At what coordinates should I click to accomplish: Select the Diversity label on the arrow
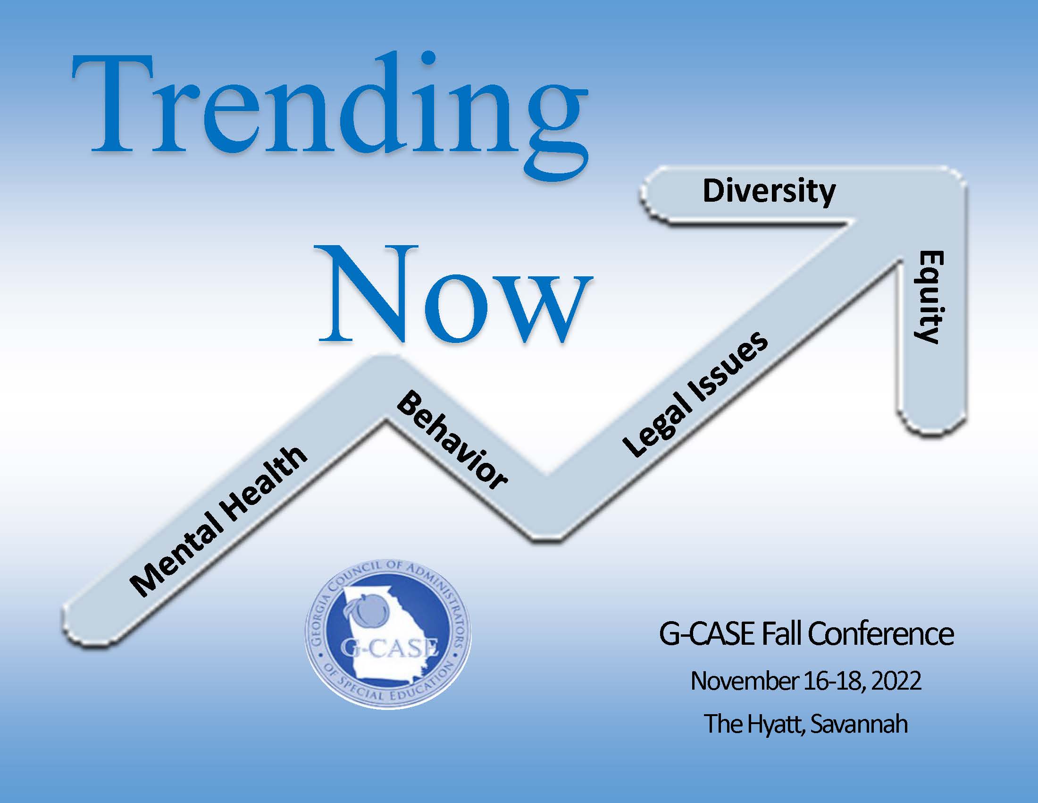769,191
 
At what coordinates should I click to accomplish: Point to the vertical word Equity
929,297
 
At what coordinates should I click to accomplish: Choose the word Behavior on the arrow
452,440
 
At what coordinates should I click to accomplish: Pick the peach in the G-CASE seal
368,609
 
